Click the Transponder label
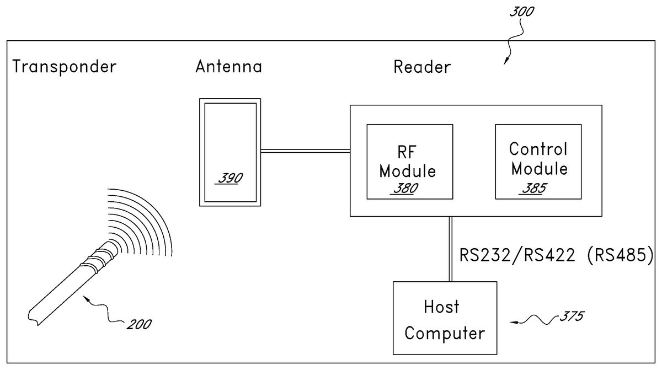coord(65,67)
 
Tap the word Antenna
coord(228,67)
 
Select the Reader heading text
coord(422,67)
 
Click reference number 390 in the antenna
coord(228,180)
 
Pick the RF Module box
coord(409,162)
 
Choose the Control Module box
coord(538,162)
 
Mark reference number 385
coord(533,188)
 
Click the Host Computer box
coord(445,318)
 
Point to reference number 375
coord(570,317)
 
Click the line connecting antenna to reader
coord(305,150)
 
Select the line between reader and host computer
coord(451,249)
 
